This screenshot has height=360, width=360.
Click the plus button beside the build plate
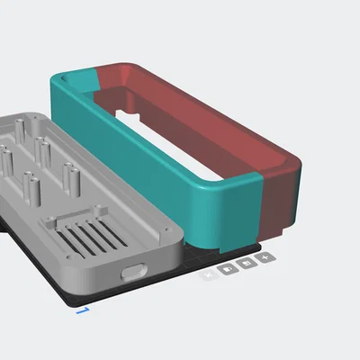click(x=264, y=258)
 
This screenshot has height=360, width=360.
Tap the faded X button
click(x=209, y=273)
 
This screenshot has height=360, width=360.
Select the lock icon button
click(x=246, y=264)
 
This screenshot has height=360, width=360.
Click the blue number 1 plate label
click(x=83, y=310)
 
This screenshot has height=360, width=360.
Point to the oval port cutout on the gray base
click(x=133, y=271)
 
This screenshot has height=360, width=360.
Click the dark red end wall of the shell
click(x=279, y=202)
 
